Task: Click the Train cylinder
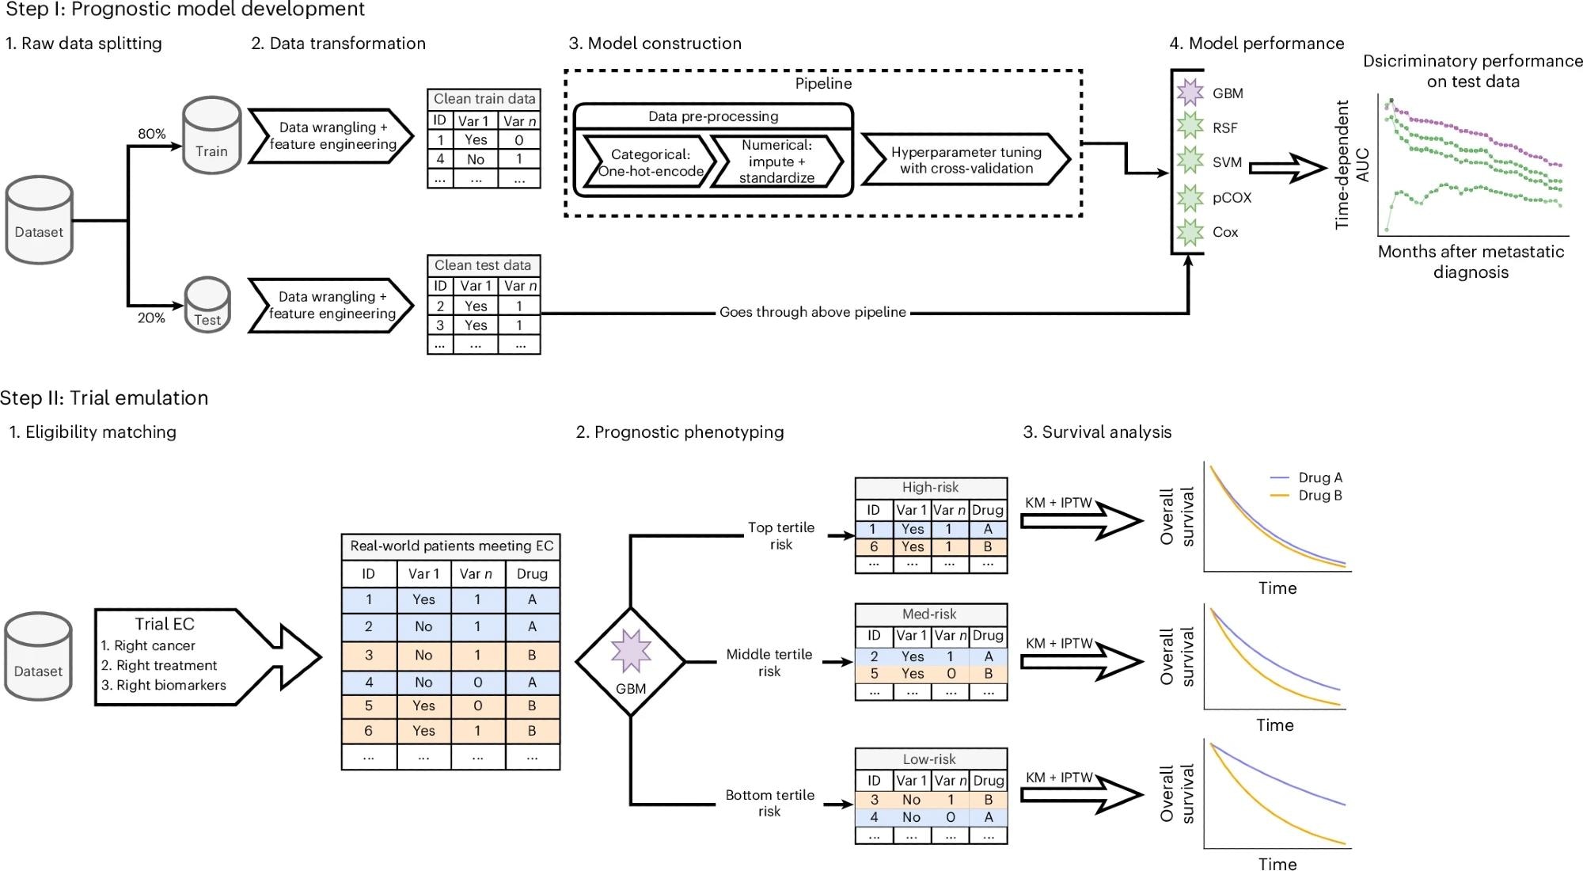point(211,135)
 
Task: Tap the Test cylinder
point(207,305)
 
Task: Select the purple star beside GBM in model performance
point(1190,93)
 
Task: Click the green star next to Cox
point(1190,232)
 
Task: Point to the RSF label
point(1224,127)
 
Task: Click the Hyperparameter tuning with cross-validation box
point(966,160)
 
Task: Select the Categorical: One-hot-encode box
point(650,162)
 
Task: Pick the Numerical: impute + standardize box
point(776,162)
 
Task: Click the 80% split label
point(152,134)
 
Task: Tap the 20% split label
point(151,318)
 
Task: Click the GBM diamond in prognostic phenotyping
point(630,662)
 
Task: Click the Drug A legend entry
point(1306,477)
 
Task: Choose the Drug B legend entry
point(1306,496)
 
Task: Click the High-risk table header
point(931,488)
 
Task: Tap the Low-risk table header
point(931,759)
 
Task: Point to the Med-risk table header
point(931,614)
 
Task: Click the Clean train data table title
point(484,99)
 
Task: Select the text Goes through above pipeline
point(813,312)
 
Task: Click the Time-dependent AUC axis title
point(1352,165)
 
